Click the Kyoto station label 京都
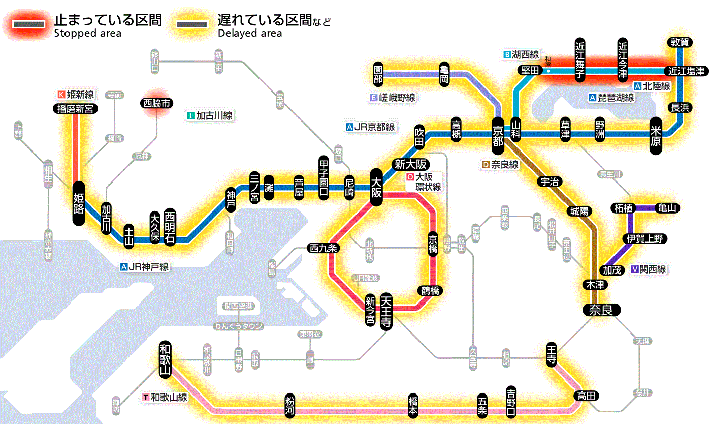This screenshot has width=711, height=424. point(498,134)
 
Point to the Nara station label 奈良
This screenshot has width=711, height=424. point(601,309)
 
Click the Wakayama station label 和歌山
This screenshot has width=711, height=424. point(165,359)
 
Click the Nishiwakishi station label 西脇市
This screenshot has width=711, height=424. point(157,103)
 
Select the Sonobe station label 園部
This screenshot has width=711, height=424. point(378,74)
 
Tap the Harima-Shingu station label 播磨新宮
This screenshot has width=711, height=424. point(75,108)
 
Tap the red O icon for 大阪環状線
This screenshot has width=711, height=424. point(410,177)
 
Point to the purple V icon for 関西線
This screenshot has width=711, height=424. point(634,269)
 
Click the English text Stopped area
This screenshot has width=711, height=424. point(88,34)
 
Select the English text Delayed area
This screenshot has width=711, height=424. point(249,34)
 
